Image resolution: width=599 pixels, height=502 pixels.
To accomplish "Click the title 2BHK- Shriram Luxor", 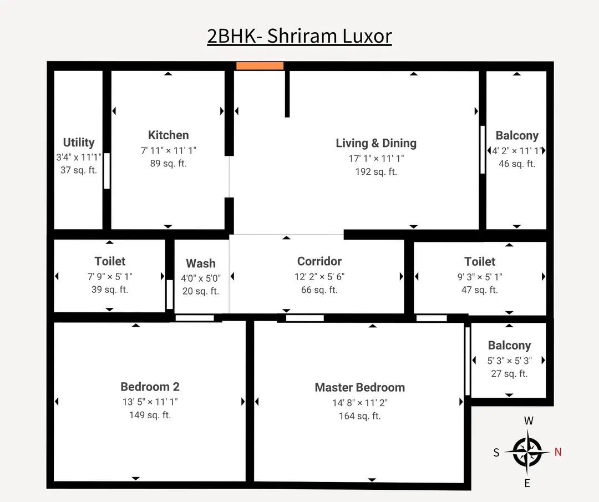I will [x=299, y=36].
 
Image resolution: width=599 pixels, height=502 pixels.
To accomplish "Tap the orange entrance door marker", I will [x=260, y=66].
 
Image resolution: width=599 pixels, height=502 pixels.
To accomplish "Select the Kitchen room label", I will [x=168, y=135].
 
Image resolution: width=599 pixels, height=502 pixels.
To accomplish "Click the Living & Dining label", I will [x=376, y=143].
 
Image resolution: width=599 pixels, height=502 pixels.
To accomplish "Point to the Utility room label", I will [x=79, y=143].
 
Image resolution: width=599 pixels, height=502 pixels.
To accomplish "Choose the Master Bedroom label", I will [x=359, y=388].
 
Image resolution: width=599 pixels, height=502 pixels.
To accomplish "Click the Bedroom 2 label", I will [x=150, y=387].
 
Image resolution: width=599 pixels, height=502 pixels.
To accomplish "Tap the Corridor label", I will [x=319, y=261].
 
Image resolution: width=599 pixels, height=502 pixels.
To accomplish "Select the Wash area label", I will [x=200, y=263].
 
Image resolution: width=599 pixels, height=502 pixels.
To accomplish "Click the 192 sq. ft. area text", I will [x=376, y=172].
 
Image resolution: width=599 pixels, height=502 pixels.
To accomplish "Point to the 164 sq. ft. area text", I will [x=359, y=416].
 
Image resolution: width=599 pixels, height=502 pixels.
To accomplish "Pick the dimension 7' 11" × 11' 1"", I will [x=168, y=150].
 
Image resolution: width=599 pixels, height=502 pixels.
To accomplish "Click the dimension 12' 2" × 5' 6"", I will [x=319, y=277].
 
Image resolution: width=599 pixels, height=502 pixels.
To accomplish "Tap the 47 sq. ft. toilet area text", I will [x=480, y=290].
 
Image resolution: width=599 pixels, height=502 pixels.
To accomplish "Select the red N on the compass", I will [x=558, y=452].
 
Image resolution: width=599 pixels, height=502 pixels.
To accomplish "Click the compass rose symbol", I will [x=527, y=452].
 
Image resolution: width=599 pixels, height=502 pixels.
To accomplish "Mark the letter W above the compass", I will [x=529, y=421].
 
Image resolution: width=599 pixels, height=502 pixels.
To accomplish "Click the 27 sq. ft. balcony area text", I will [x=509, y=374].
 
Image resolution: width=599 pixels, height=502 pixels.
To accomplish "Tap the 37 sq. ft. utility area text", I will [x=79, y=170].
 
